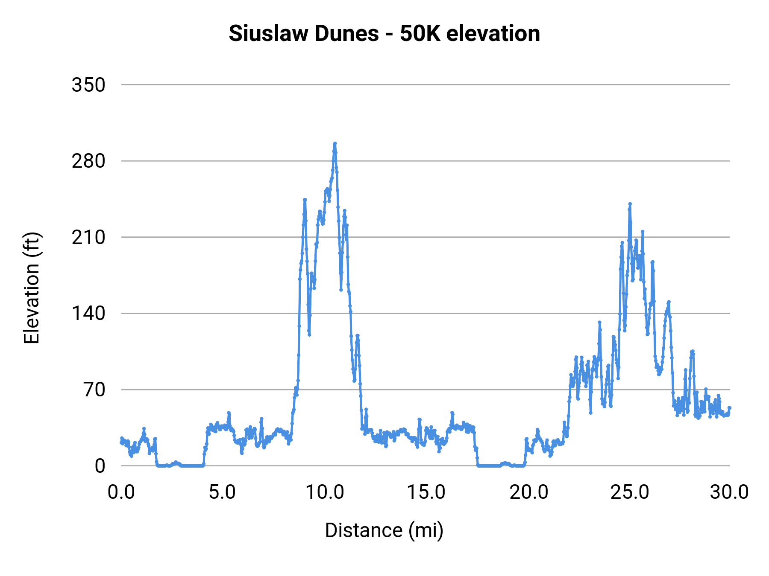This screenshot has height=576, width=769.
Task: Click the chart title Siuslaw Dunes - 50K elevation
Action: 384,33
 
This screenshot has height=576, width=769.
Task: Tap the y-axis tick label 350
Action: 88,85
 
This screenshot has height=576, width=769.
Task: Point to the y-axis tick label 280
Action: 88,161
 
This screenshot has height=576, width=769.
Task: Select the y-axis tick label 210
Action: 88,237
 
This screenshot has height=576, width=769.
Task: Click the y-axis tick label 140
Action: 88,314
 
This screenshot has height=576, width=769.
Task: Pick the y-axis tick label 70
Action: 94,390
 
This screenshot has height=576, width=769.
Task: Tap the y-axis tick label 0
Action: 100,466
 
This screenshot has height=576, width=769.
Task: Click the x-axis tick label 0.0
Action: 121,492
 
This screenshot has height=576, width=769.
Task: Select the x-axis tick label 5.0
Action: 222,492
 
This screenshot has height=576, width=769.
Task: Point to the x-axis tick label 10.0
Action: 325,492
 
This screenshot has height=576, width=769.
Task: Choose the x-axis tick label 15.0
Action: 426,492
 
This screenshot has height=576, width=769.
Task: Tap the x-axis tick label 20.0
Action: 528,492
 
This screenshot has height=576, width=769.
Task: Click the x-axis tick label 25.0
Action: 629,492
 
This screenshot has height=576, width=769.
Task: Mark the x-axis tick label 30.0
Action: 729,492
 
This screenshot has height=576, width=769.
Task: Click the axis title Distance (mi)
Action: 384,530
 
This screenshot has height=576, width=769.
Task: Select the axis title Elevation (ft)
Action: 32,288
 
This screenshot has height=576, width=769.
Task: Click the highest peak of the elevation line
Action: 335,143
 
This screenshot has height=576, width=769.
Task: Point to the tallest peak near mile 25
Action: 630,204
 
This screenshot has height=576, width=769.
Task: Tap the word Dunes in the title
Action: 346,33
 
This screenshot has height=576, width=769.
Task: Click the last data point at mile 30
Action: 730,408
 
